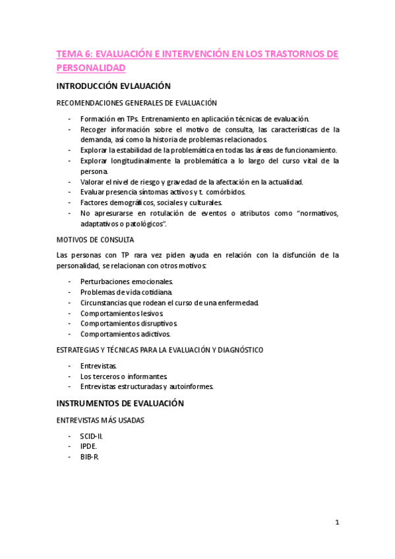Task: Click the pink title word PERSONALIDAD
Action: click(x=90, y=67)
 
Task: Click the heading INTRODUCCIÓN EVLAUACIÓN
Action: click(x=113, y=86)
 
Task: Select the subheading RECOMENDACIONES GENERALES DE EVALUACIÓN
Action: click(x=136, y=103)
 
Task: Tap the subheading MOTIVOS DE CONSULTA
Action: click(x=95, y=239)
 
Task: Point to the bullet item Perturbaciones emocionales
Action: click(x=126, y=281)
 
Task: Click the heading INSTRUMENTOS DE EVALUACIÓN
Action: click(x=120, y=403)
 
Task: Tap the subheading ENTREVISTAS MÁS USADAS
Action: click(x=100, y=419)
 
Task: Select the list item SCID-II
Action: click(x=92, y=436)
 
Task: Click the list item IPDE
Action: click(x=88, y=447)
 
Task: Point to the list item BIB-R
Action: click(x=89, y=457)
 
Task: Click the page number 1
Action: click(x=337, y=523)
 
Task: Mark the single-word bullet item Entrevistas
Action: click(x=99, y=365)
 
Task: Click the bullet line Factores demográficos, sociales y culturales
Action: click(x=151, y=202)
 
